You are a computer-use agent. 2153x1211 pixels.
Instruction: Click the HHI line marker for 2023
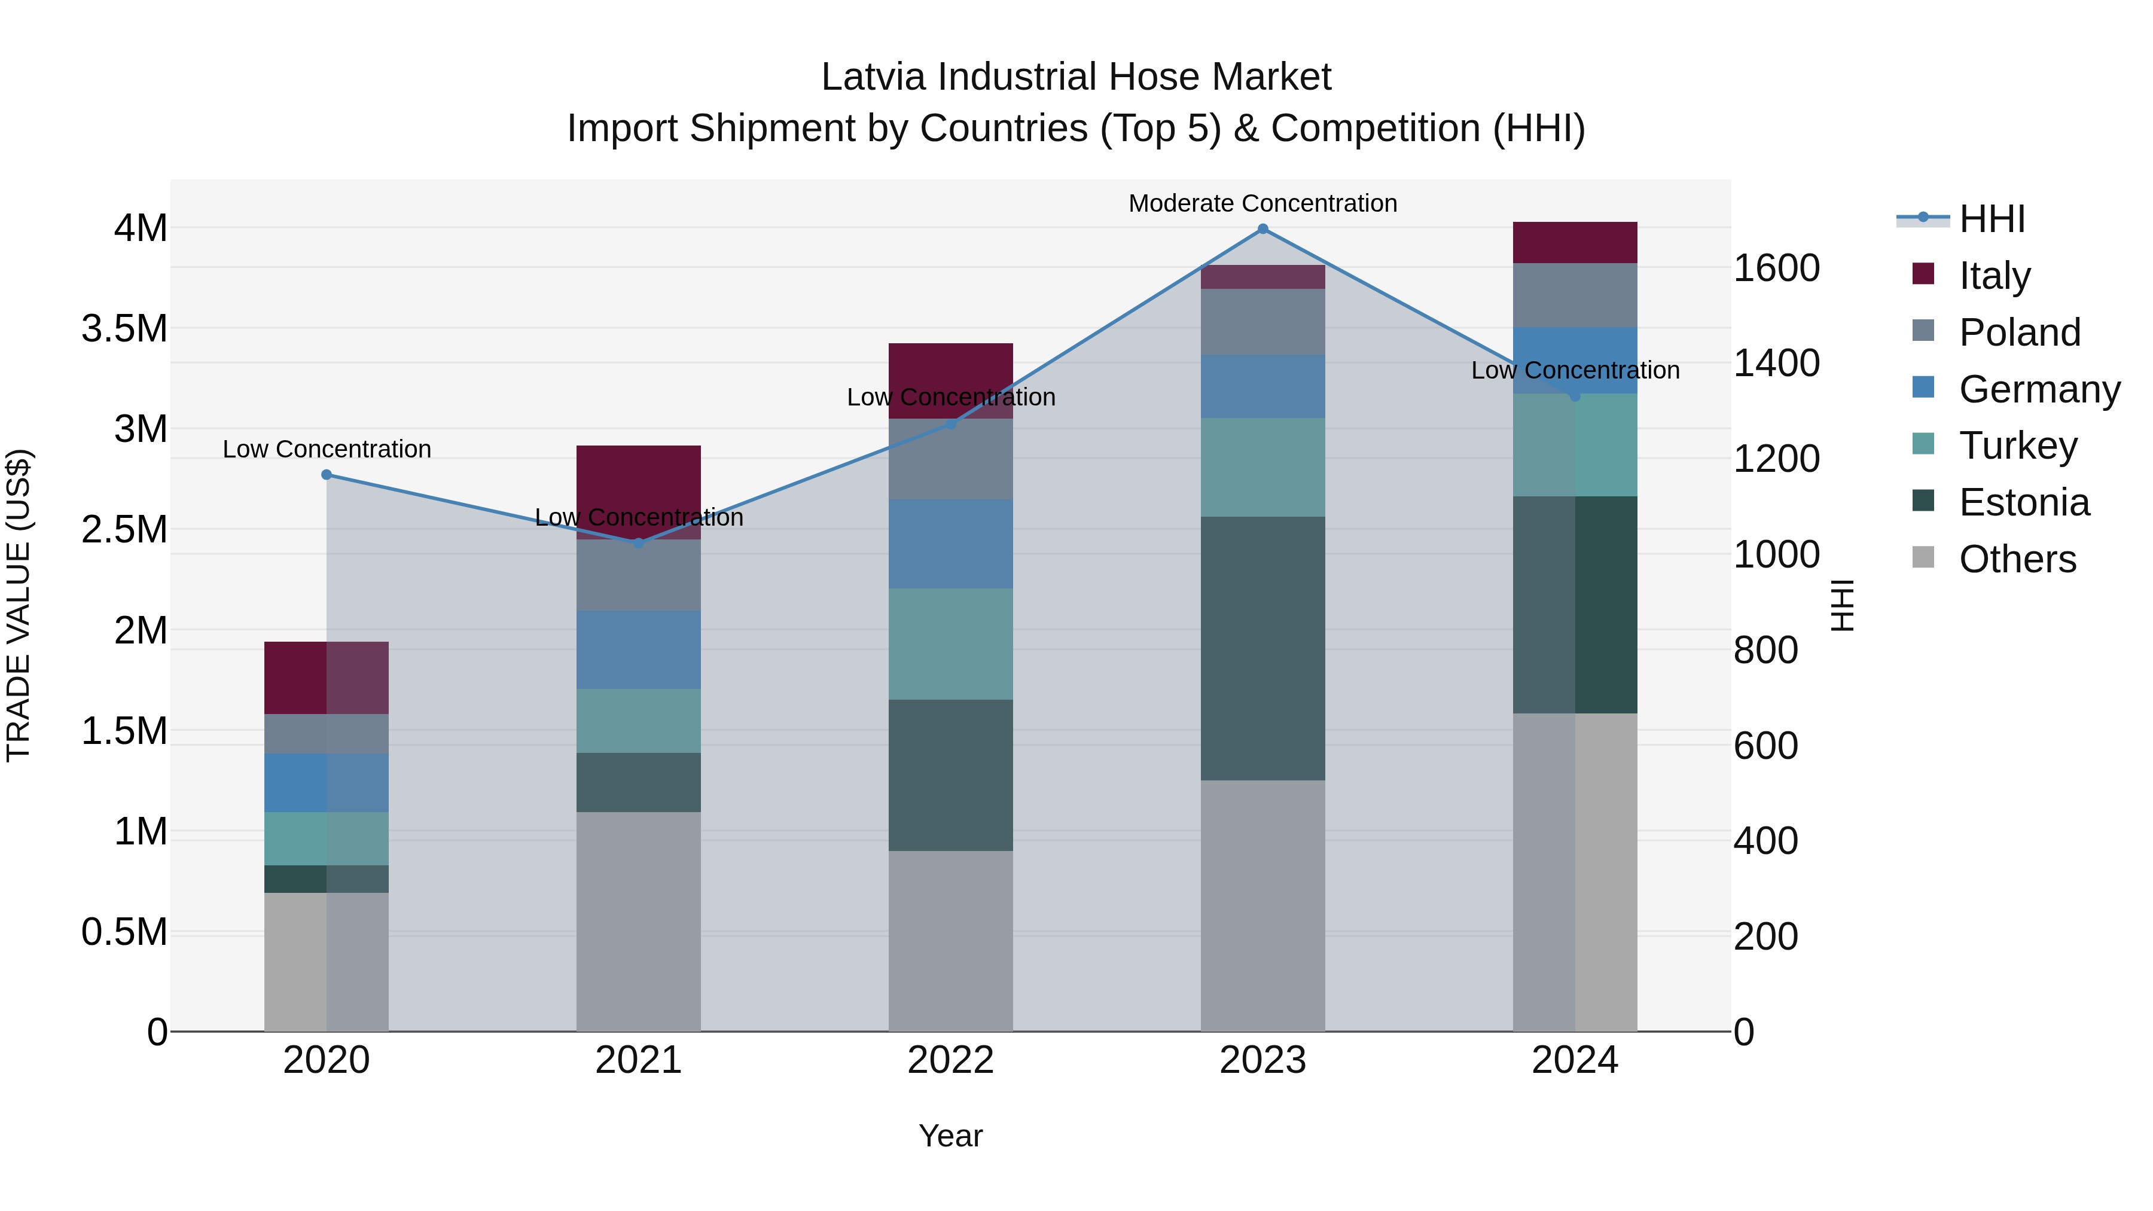click(x=1263, y=229)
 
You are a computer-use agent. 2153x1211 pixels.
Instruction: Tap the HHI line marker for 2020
click(x=327, y=475)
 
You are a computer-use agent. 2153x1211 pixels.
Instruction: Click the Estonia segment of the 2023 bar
click(x=1263, y=648)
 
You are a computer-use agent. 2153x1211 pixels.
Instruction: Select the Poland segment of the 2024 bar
click(x=1575, y=295)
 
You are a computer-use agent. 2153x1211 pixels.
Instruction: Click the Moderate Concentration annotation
click(x=1263, y=203)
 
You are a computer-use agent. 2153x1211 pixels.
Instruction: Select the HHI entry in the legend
click(x=1991, y=219)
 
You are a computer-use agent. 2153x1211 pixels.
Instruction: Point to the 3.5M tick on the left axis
click(x=124, y=328)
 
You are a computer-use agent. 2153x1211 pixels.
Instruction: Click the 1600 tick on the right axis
click(x=1776, y=269)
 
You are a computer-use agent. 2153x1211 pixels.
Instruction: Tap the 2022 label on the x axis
click(x=950, y=1060)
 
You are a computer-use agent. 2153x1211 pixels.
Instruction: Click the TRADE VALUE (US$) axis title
click(x=19, y=605)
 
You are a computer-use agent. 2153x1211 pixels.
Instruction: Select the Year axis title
click(x=950, y=1136)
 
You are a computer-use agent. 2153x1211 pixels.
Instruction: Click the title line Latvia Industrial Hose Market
click(x=1076, y=77)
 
